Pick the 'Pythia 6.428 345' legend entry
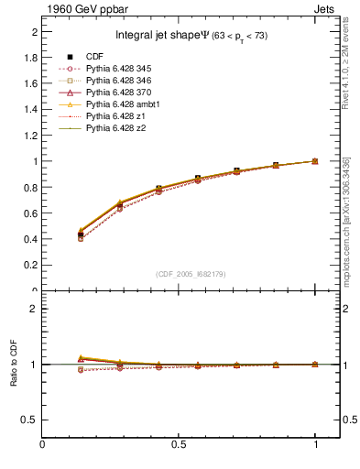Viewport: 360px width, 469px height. click(x=120, y=70)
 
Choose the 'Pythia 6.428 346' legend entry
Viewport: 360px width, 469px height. click(x=120, y=82)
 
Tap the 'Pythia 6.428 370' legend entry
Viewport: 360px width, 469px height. click(x=120, y=93)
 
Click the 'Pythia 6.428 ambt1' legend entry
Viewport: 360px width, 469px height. click(x=124, y=105)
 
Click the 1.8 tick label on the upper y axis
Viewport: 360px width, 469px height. click(x=30, y=57)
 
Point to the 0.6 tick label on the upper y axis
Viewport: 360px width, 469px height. click(x=30, y=213)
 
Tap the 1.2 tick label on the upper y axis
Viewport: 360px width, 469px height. click(x=30, y=136)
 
